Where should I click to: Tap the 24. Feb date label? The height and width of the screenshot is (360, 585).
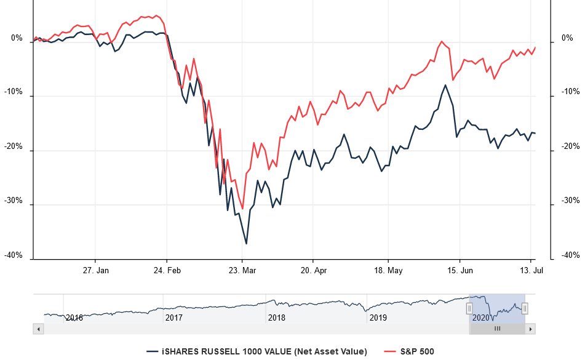167,270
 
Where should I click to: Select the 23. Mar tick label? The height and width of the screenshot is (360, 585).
242,270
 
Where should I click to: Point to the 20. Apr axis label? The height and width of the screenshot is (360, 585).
313,270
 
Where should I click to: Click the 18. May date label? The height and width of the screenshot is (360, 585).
388,270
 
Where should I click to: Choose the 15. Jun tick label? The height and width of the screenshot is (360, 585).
460,270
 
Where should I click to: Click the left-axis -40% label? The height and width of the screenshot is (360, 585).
14,255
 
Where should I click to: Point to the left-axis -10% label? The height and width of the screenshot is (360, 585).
14,92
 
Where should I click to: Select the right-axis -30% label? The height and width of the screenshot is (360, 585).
570,201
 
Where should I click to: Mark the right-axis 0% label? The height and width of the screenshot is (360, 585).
567,39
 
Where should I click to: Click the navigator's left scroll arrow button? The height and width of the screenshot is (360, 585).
38,329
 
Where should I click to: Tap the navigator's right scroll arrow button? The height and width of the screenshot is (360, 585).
530,329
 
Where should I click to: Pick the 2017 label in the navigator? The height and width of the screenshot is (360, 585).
174,318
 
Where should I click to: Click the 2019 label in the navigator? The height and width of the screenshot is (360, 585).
377,318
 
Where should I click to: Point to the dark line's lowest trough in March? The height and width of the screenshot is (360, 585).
246,244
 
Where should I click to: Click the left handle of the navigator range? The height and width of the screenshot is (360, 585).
469,308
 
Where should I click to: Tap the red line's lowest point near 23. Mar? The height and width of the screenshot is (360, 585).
243,209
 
